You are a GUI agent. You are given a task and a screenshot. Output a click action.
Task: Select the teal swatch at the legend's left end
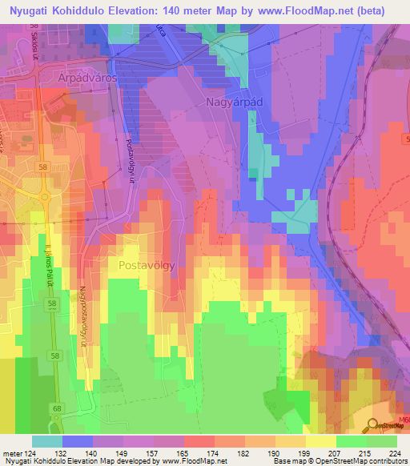47,441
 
